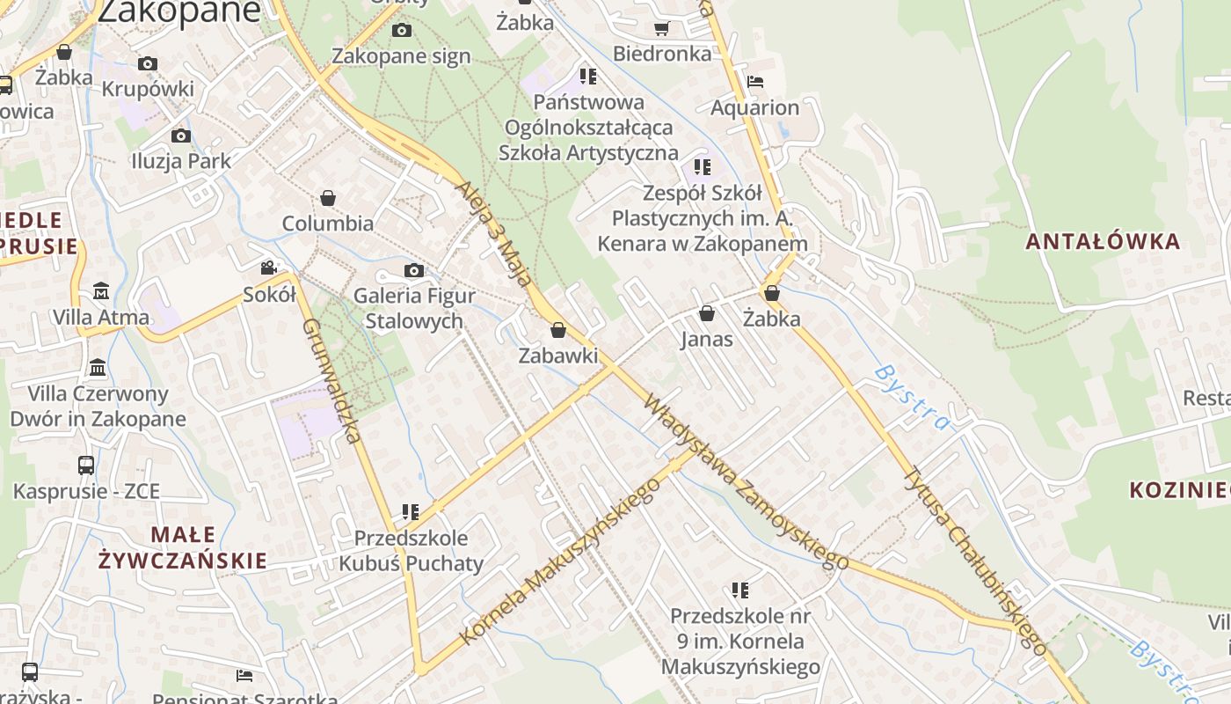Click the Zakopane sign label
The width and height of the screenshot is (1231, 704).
(x=401, y=56)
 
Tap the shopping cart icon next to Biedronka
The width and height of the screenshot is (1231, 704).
(x=661, y=28)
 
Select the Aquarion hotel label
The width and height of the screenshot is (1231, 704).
(x=754, y=107)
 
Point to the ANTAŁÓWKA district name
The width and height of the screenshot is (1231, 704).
(x=1103, y=241)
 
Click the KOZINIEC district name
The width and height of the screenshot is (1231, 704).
(x=1178, y=489)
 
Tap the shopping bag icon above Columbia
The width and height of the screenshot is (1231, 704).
(x=328, y=198)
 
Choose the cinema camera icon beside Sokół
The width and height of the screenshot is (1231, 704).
(x=268, y=268)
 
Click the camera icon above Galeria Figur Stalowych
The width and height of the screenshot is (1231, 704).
(x=413, y=270)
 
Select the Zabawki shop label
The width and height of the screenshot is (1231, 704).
(x=557, y=356)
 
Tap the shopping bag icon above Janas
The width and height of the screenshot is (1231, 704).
(x=706, y=313)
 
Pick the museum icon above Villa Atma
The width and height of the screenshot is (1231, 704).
(x=101, y=291)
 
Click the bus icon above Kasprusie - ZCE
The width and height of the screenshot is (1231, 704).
(x=86, y=465)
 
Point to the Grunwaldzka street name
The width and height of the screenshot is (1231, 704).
(x=332, y=380)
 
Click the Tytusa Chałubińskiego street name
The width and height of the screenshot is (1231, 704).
(x=975, y=561)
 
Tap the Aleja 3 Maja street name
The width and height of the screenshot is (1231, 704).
(x=494, y=234)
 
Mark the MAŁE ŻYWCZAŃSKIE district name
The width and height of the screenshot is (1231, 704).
(x=183, y=547)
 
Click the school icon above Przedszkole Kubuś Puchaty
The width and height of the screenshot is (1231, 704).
(x=410, y=511)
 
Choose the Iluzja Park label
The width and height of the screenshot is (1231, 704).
(x=180, y=161)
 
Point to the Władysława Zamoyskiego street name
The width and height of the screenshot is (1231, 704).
(x=746, y=481)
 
